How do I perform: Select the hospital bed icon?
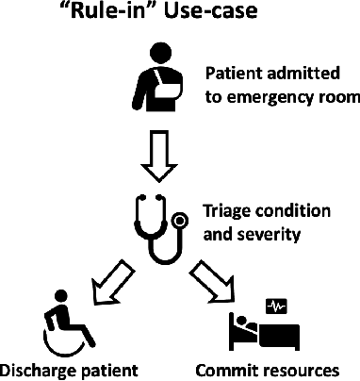coord(260,330)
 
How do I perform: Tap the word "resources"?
coord(305,367)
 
